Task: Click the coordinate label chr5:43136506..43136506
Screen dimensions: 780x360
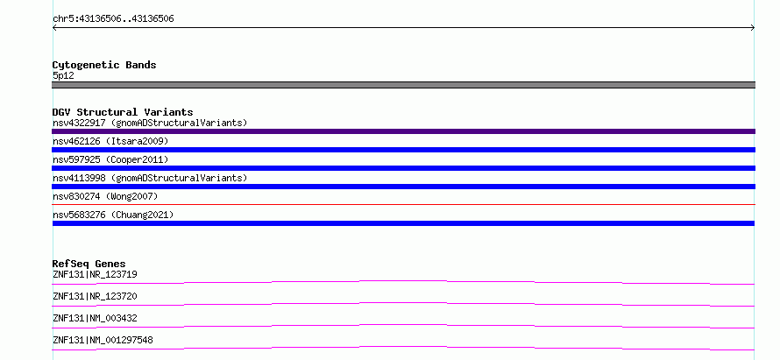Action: point(113,19)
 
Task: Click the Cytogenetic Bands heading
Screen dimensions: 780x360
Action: point(104,65)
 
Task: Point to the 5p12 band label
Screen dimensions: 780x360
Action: point(63,76)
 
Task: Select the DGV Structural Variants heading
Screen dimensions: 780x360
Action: point(123,112)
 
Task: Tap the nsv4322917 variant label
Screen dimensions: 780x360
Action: point(150,123)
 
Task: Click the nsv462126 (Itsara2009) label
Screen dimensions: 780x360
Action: point(110,141)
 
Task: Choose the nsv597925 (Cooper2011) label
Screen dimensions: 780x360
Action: point(110,159)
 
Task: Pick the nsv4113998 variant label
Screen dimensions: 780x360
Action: point(150,178)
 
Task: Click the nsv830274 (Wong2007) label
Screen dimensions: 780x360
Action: point(105,196)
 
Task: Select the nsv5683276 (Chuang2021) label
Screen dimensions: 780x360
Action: point(113,215)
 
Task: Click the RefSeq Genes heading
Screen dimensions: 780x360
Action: point(89,264)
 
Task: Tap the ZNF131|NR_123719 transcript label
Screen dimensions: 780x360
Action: point(95,274)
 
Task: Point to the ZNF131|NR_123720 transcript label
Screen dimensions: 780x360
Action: point(95,296)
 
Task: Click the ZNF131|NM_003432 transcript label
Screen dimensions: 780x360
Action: point(95,318)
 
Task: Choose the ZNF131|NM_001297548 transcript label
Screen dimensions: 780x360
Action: point(103,340)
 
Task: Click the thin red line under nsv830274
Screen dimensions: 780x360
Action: point(403,204)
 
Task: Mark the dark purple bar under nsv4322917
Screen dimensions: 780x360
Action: point(403,131)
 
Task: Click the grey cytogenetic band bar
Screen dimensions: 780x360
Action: point(403,85)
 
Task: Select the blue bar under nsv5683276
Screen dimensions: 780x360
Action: point(403,223)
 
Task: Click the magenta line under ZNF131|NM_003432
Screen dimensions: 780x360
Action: point(403,326)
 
